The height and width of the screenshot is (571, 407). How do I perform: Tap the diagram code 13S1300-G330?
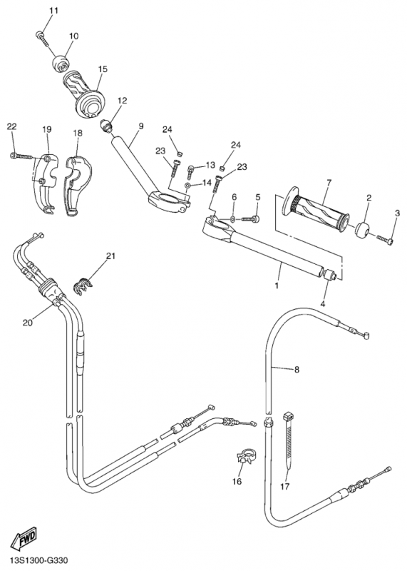point(39,560)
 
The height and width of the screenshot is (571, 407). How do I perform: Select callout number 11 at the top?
point(53,11)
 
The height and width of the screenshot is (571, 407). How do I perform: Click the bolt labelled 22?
point(22,156)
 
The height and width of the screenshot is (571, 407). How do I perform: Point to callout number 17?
point(285,486)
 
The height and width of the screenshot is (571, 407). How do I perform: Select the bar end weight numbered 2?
point(361,231)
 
